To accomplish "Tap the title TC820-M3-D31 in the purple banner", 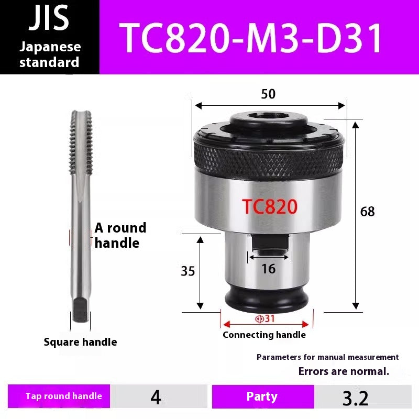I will pos(252,38).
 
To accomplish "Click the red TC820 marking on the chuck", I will pos(270,206).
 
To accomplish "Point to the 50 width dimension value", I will pos(268,94).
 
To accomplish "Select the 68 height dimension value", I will pos(368,212).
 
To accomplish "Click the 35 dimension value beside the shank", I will pos(188,271).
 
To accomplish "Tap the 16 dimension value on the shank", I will pos(268,269).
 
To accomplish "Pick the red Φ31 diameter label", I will pos(265,318).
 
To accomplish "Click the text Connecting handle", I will pos(264,335).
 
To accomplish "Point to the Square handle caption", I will pos(80,342).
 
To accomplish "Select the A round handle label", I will pos(120,235).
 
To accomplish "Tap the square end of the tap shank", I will pos(80,309).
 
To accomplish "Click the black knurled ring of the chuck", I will pos(268,156).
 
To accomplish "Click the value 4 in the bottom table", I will pos(156,397).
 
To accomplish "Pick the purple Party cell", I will pos(262,396).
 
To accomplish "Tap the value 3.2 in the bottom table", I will pos(356,398).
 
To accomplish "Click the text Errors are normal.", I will pos(344,372).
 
